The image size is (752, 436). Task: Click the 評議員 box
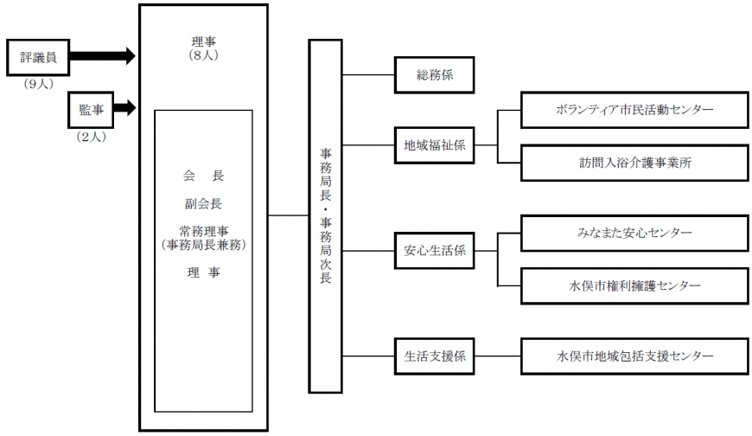tap(38, 58)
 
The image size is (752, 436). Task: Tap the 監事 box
tap(91, 110)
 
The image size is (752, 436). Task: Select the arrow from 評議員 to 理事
tap(103, 55)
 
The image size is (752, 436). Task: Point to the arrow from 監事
tap(125, 107)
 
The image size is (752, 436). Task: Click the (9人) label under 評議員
tap(38, 84)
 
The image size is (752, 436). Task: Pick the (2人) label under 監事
tap(91, 137)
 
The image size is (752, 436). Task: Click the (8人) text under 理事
tap(203, 55)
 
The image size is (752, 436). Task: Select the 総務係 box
tap(435, 75)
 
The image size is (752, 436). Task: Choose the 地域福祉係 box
tap(435, 145)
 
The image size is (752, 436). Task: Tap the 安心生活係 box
tap(435, 251)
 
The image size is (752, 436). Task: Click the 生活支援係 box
tap(435, 356)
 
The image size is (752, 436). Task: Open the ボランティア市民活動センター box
tap(634, 110)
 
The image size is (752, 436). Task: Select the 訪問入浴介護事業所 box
tap(634, 163)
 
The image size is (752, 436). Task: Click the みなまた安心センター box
tap(634, 234)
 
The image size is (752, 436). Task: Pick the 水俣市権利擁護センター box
tap(634, 286)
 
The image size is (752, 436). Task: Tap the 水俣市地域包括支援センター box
tap(634, 356)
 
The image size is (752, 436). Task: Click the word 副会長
tap(203, 203)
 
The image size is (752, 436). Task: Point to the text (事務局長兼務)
tap(203, 245)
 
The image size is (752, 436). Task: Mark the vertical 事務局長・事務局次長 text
tap(326, 216)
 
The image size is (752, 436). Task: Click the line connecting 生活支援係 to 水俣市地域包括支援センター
tap(498, 356)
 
